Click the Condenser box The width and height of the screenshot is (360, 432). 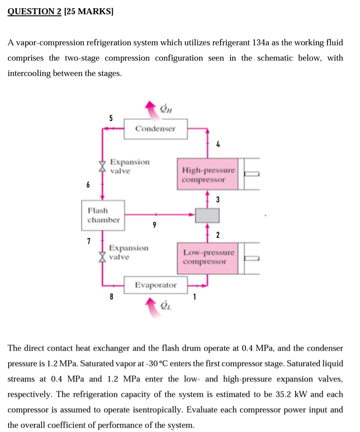click(x=155, y=129)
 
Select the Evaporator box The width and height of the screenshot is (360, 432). click(x=155, y=285)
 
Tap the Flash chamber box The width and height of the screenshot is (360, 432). click(x=103, y=215)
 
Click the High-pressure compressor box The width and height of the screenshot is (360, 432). click(x=208, y=175)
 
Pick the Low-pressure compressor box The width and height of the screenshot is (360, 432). click(x=208, y=257)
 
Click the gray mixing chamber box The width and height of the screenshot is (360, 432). click(x=207, y=215)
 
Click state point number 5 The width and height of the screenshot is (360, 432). click(x=111, y=118)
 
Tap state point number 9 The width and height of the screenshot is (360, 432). click(x=154, y=225)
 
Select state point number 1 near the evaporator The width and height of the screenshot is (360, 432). click(x=195, y=297)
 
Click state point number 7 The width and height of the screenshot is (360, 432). click(x=89, y=241)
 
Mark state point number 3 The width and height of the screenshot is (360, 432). click(x=218, y=200)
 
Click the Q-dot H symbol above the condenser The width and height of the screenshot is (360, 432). click(x=166, y=109)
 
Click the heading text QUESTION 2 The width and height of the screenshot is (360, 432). click(x=34, y=11)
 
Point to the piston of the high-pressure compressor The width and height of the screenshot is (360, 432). click(x=252, y=174)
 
